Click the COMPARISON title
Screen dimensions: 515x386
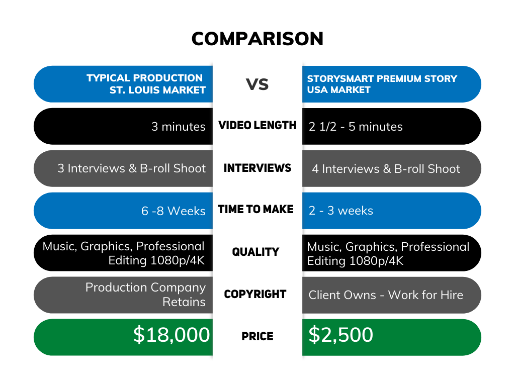[257, 39]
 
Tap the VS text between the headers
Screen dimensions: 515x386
[257, 84]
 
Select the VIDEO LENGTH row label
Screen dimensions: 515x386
[257, 125]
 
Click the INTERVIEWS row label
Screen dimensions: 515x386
[257, 168]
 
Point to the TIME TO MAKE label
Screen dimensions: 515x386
[255, 210]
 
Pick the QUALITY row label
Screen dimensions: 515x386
[255, 252]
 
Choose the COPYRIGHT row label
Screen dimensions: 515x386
[255, 294]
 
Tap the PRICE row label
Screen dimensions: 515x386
[257, 336]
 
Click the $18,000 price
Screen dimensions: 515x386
[171, 335]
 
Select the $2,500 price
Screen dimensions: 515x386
[341, 335]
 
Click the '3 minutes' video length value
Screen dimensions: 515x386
[179, 127]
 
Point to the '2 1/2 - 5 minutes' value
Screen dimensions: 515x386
[356, 127]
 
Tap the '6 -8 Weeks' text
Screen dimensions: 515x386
[174, 211]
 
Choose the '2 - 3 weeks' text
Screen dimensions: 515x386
[341, 211]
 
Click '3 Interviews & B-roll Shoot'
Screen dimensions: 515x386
[132, 168]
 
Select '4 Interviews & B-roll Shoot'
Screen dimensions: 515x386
[386, 169]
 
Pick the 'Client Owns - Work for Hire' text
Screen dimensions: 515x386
[386, 295]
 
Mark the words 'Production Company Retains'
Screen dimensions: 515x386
[145, 295]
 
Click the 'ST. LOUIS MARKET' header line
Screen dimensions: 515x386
[157, 90]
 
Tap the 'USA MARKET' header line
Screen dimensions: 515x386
[338, 89]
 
